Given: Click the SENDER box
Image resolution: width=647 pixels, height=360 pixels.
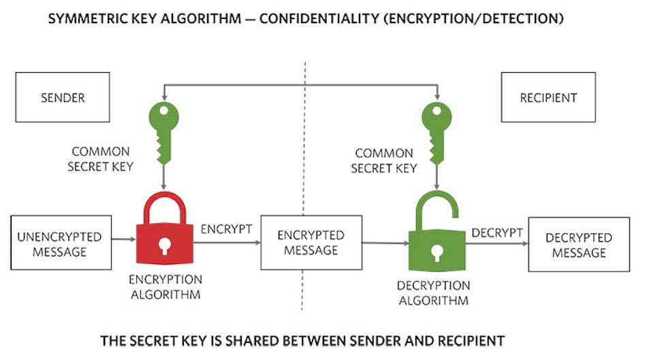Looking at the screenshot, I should (63, 98).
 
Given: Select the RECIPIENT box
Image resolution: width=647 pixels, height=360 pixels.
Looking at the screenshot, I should (548, 98).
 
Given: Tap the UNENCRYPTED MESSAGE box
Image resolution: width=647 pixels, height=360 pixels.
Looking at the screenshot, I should (61, 244).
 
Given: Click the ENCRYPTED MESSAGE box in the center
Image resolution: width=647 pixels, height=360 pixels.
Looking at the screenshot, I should (311, 242).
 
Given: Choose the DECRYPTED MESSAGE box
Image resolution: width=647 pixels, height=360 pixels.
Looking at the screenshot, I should (578, 245).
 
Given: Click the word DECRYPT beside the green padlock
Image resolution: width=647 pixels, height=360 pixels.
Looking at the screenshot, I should (497, 233).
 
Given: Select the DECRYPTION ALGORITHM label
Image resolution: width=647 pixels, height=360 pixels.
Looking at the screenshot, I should (434, 293).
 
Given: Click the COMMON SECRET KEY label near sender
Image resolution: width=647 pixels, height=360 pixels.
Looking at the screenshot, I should (101, 160).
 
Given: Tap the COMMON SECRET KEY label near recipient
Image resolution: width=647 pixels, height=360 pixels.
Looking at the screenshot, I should (383, 161).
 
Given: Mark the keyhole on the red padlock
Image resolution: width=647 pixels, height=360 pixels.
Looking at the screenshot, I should (164, 246).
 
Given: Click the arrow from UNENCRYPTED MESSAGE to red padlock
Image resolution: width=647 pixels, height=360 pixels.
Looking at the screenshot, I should (124, 240).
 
